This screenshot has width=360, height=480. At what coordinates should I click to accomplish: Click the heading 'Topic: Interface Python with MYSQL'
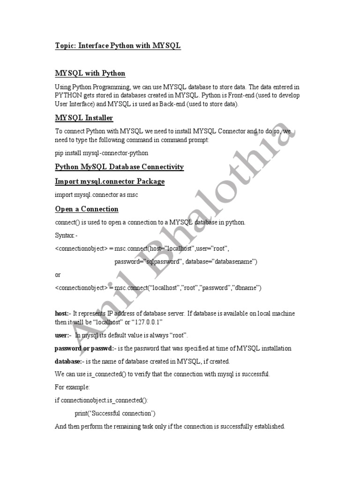pos(118,45)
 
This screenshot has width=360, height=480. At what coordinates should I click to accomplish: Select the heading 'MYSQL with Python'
pos(90,73)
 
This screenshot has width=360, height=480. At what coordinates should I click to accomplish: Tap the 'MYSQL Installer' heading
pos(84,118)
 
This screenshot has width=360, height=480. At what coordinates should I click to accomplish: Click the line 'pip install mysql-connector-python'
pos(102,153)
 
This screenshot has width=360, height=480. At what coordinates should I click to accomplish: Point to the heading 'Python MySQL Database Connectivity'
pos(119,167)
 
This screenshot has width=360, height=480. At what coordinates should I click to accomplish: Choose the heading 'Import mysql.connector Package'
pos(110,181)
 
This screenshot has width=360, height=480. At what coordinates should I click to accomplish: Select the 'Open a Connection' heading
pos(87,209)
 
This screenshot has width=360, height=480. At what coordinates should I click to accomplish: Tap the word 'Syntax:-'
pos(67,235)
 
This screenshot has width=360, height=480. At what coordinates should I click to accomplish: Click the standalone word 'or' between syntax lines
pos(58,275)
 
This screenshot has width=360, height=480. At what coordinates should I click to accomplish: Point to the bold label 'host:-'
pos(64,313)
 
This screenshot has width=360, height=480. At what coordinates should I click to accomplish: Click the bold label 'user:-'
pos(63,336)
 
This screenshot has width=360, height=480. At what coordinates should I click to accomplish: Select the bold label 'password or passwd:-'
pos(85,349)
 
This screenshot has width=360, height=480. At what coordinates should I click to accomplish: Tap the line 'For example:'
pos(72,388)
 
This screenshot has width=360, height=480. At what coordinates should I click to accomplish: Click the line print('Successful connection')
pos(115,413)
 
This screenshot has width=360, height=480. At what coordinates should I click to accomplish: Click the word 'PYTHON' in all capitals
pos(68,96)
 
